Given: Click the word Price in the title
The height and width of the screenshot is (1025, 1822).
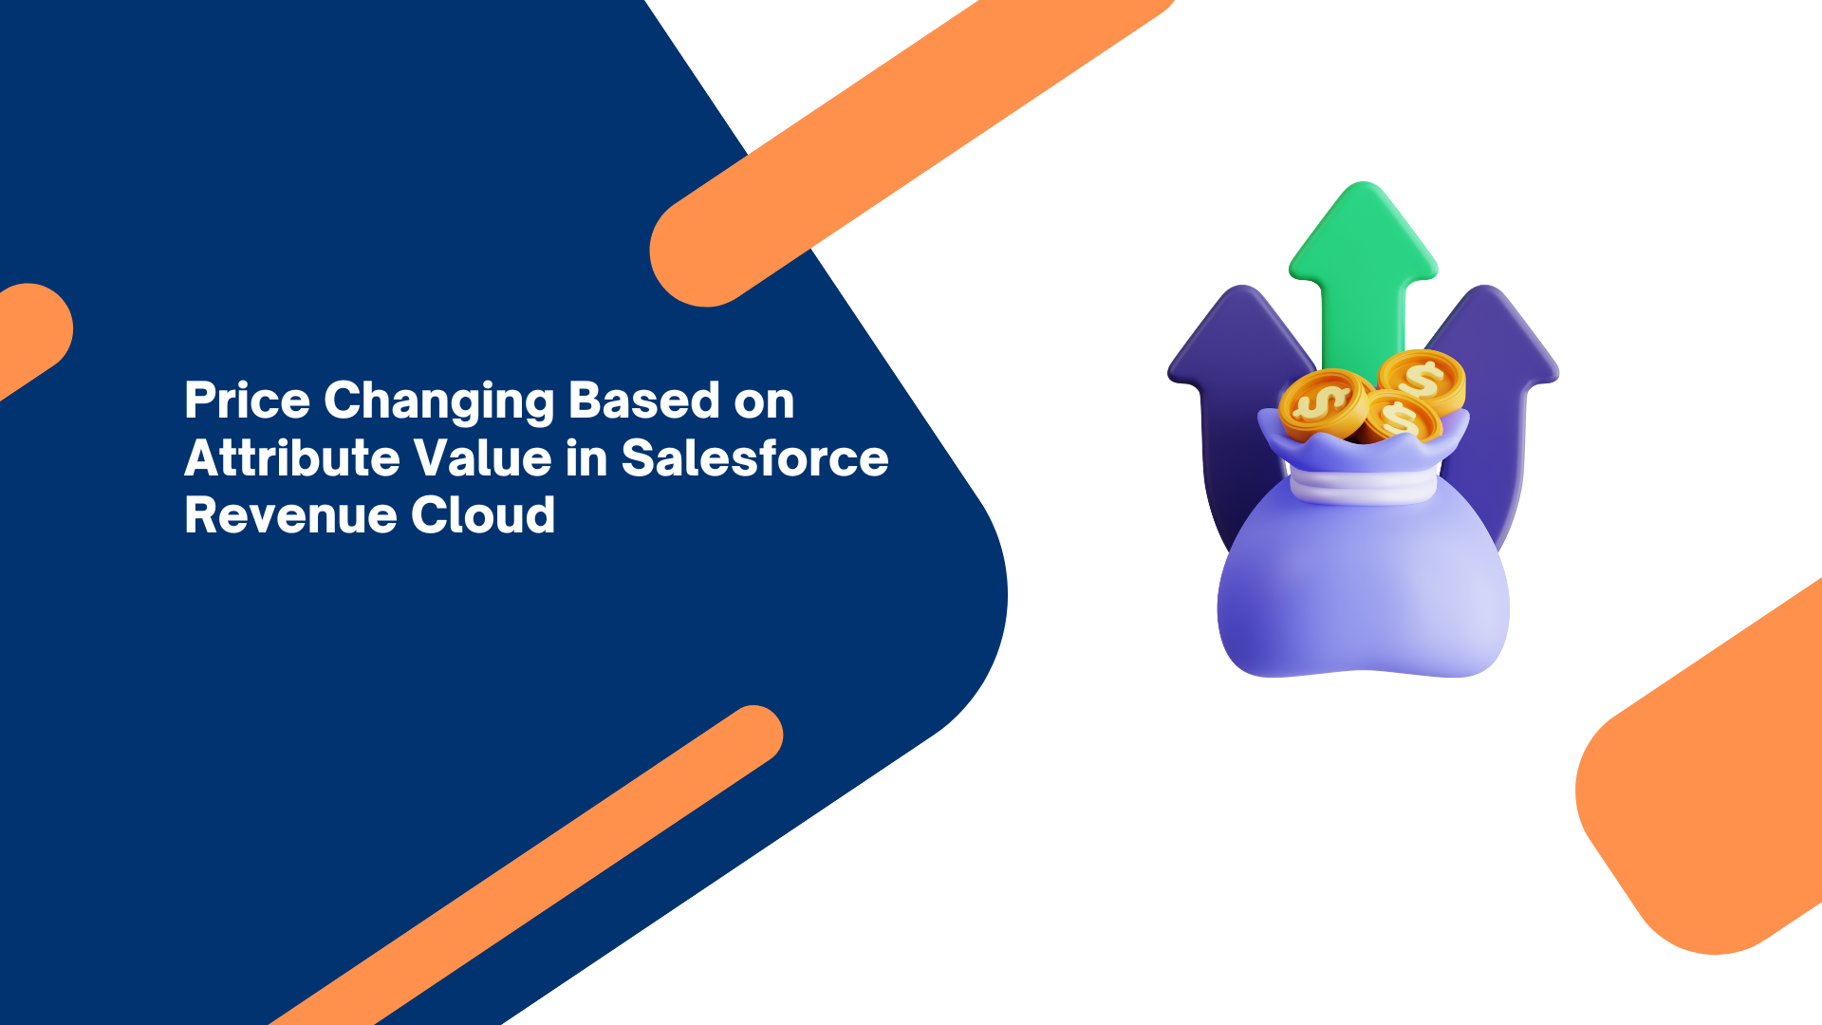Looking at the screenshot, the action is (x=247, y=400).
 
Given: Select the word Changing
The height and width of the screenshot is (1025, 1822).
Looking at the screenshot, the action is (x=439, y=401).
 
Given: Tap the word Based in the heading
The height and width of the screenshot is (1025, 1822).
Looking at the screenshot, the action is (x=644, y=400).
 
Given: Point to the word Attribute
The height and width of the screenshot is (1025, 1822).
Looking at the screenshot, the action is (x=293, y=457).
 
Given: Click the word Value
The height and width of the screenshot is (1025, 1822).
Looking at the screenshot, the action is (x=484, y=457).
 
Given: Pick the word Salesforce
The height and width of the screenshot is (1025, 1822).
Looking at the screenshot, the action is (x=754, y=457).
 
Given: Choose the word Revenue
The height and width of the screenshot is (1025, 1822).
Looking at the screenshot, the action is (x=290, y=515).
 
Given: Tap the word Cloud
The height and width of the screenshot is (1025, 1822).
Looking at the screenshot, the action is (x=483, y=514).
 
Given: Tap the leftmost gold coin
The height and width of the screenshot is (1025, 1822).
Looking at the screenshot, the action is (x=1324, y=403).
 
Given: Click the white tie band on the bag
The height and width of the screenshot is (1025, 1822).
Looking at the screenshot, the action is (x=1363, y=486).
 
